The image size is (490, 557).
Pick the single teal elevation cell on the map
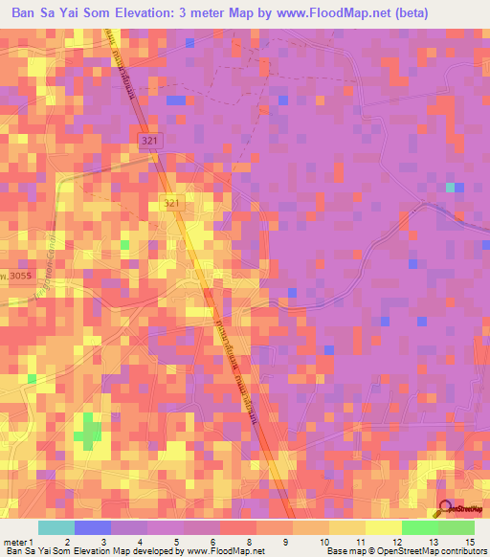[450, 188]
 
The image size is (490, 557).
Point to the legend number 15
[468, 543]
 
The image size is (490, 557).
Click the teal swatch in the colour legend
[56, 527]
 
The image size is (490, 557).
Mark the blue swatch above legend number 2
[92, 527]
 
